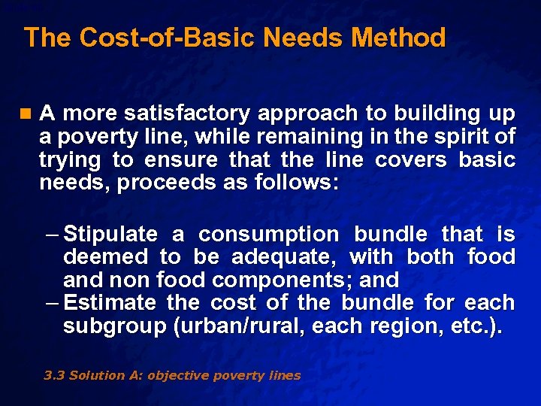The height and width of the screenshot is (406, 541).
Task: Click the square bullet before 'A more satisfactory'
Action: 28,114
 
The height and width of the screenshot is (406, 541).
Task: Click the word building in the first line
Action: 437,114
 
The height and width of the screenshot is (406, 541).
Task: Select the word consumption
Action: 268,235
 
